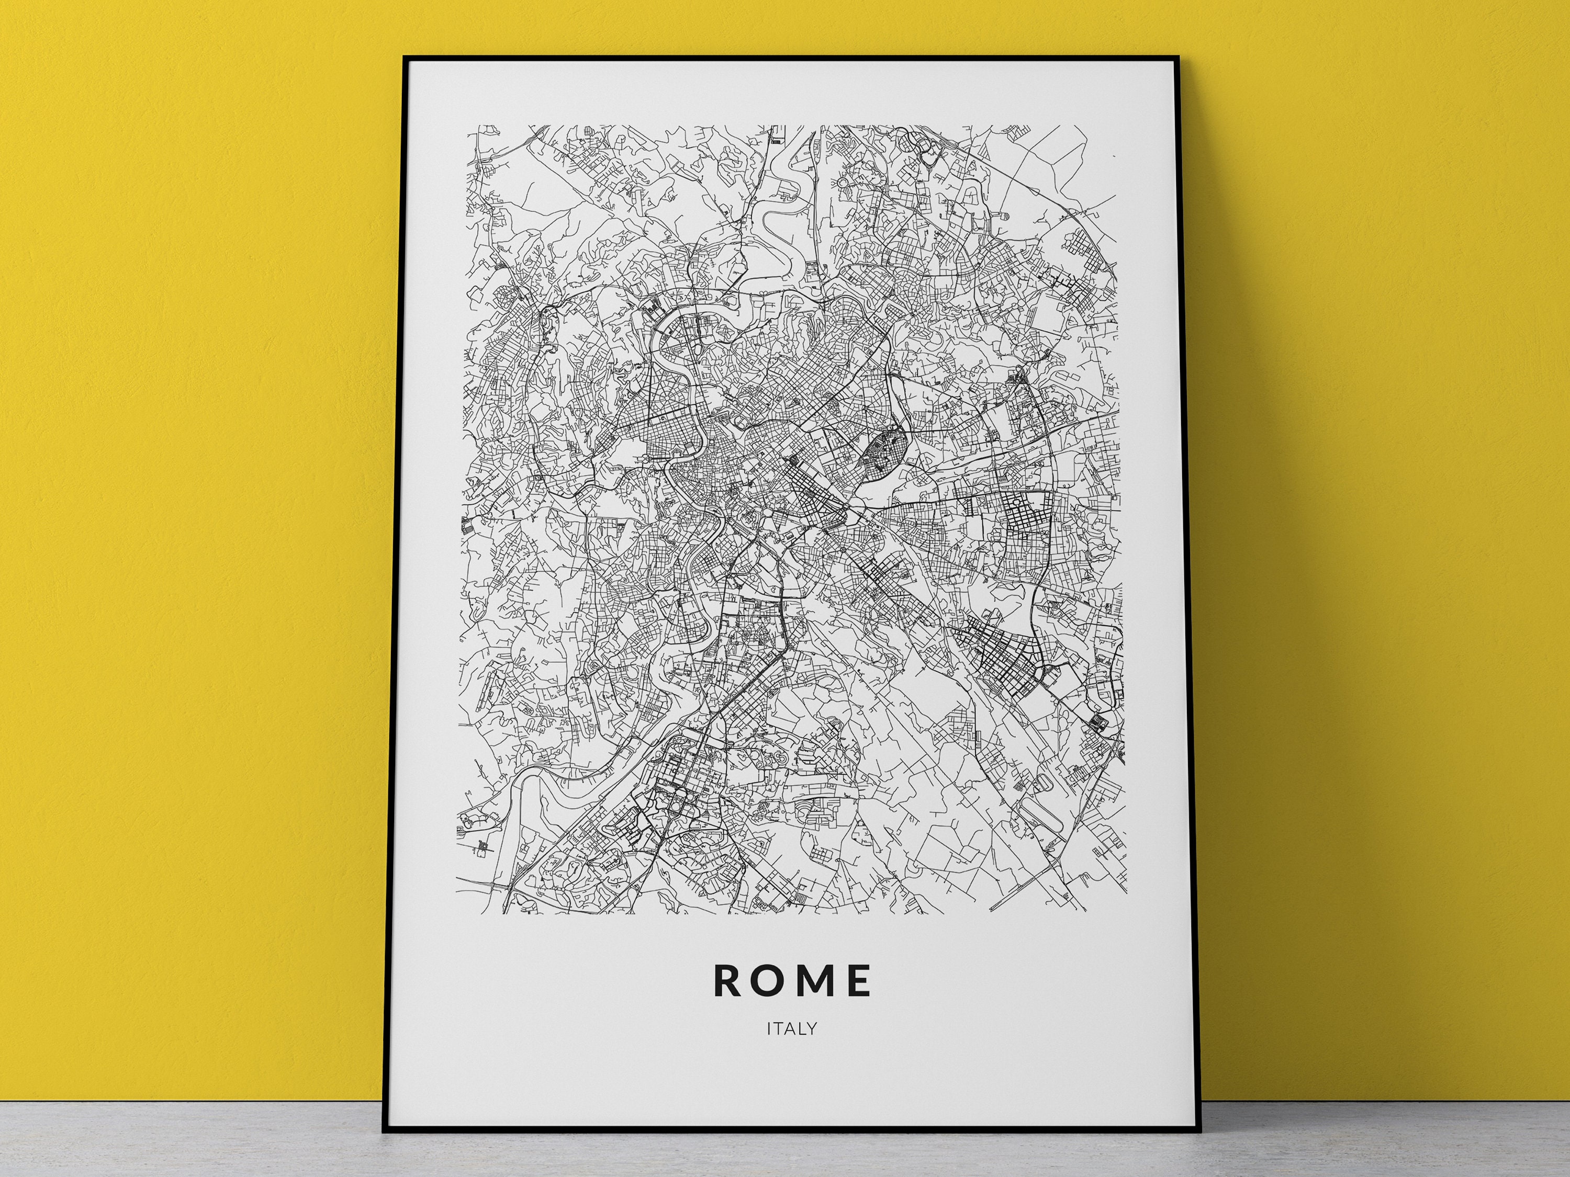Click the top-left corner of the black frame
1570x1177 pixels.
[404, 56]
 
